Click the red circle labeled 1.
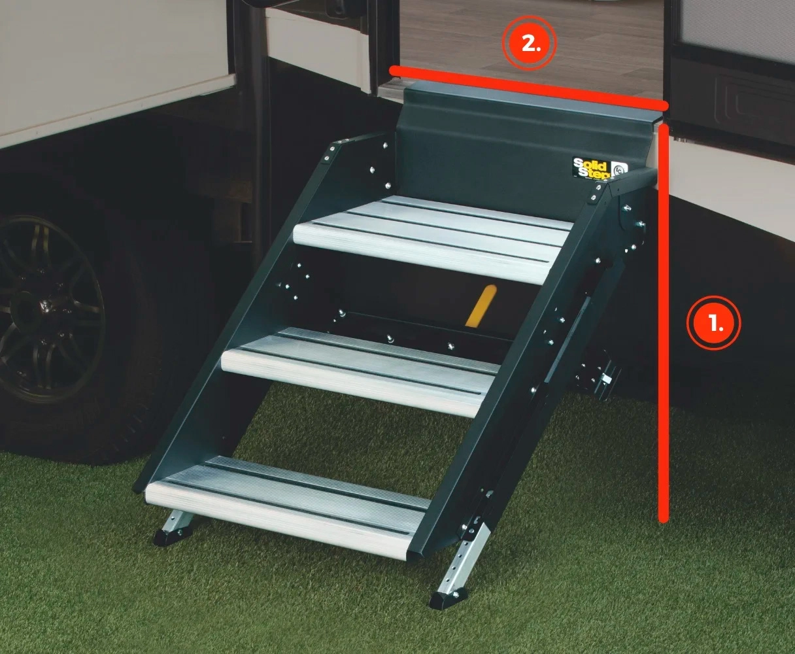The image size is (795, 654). pyautogui.click(x=713, y=323)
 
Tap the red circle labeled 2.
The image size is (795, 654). pyautogui.click(x=530, y=43)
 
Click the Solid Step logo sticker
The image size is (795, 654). pyautogui.click(x=592, y=168)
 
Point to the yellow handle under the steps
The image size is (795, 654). pyautogui.click(x=481, y=306)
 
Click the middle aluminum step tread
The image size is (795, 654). pyautogui.click(x=360, y=371)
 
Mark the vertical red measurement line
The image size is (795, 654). pyautogui.click(x=664, y=324)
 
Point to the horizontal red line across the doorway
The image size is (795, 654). pyautogui.click(x=528, y=88)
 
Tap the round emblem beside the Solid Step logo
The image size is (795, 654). pyautogui.click(x=619, y=169)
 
